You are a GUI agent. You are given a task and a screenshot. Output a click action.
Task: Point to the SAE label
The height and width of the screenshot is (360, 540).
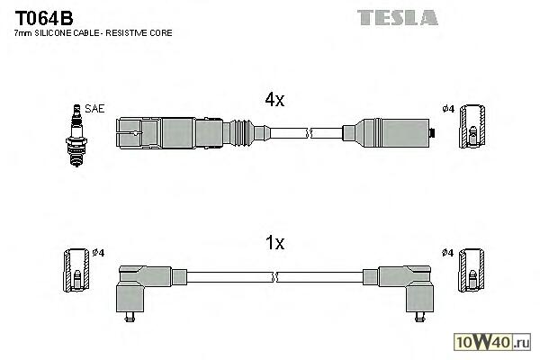pyautogui.click(x=95, y=109)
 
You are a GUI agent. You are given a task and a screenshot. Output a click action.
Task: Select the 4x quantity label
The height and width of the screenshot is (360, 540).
pyautogui.click(x=274, y=102)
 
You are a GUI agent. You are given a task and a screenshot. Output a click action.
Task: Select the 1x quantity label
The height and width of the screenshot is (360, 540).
pyautogui.click(x=274, y=244)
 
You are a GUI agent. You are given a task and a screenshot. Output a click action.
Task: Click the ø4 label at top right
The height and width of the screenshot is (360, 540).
pyautogui.click(x=448, y=110)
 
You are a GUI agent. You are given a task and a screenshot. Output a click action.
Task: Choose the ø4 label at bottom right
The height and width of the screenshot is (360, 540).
pyautogui.click(x=448, y=252)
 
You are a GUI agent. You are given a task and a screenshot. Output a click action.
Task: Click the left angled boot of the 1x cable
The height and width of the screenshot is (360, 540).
pyautogui.click(x=140, y=283)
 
